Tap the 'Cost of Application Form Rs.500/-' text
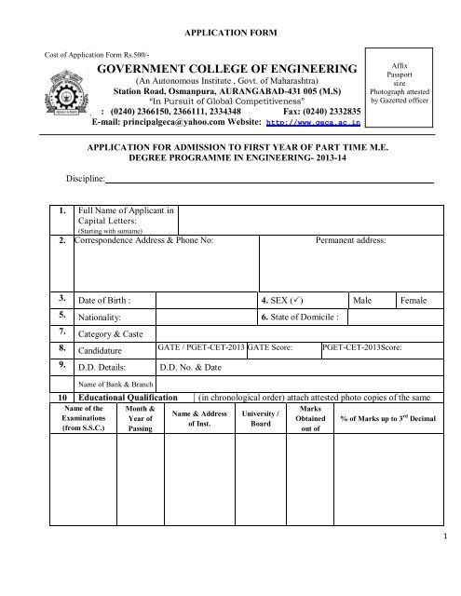pos(91,55)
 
